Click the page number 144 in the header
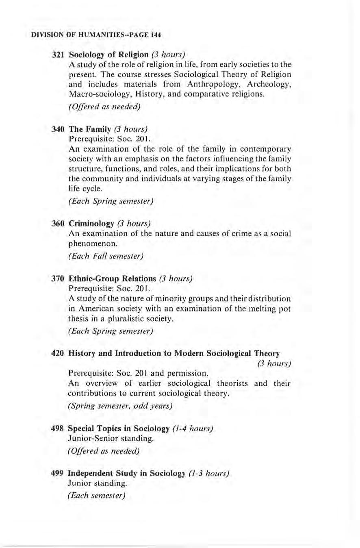(x=156, y=35)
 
